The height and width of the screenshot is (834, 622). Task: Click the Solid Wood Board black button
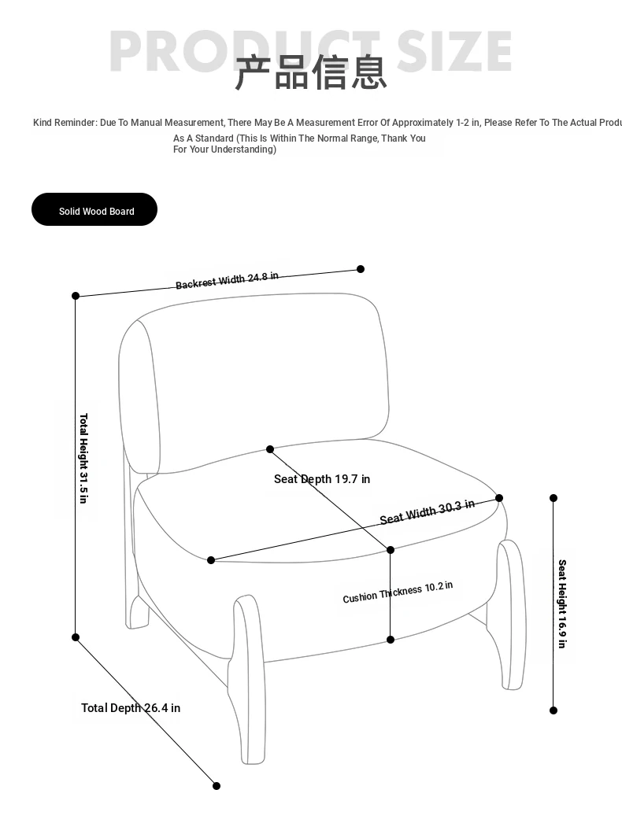point(94,210)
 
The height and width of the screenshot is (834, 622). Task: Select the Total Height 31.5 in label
point(83,458)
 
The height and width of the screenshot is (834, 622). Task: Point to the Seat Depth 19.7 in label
point(321,479)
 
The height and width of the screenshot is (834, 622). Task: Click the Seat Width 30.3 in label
point(427,511)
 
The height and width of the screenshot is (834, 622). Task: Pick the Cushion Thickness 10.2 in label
point(398,592)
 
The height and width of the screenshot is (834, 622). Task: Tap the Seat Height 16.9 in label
point(562,603)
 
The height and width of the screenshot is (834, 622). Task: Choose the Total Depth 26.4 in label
point(131,708)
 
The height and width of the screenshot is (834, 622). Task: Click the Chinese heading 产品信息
point(311,72)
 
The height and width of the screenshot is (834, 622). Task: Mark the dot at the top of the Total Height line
point(76,296)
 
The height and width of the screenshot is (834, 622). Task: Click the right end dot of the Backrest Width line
point(361,269)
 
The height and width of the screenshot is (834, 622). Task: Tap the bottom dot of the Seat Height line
point(554,710)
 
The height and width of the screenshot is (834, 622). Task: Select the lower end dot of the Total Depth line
point(217,785)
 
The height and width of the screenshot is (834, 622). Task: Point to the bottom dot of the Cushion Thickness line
point(391,640)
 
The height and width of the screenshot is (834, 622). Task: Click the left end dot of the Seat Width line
point(211,560)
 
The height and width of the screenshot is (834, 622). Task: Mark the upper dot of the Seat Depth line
point(270,449)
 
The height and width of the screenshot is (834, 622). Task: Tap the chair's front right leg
point(512,614)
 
